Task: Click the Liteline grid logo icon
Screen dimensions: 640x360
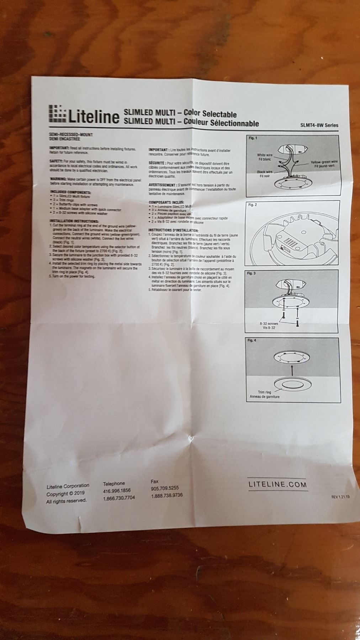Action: [55, 114]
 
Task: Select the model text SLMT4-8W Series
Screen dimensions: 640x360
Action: [319, 125]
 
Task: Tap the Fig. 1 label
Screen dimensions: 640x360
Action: [253, 138]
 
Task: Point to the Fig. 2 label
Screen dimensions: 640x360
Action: [252, 205]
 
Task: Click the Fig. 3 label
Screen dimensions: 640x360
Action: [252, 273]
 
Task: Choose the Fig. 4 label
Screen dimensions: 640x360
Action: [252, 340]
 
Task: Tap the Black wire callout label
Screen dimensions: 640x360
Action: [265, 174]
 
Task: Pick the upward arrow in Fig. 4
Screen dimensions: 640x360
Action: [291, 371]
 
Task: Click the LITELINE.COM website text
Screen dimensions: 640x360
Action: [277, 484]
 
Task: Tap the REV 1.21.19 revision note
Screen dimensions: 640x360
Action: [340, 497]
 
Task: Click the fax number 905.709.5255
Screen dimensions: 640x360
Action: [165, 488]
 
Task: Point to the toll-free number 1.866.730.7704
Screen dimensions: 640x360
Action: [119, 498]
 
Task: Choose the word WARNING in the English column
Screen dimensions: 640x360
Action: [57, 179]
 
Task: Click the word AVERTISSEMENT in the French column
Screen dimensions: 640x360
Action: [162, 185]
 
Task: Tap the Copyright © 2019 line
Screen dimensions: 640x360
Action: [65, 494]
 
